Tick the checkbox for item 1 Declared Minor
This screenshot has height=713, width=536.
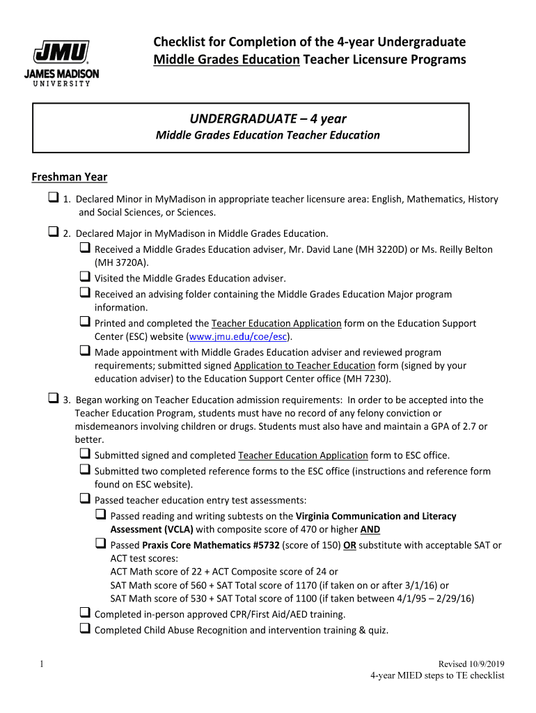pyautogui.click(x=53, y=198)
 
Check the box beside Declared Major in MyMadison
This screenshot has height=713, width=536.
pyautogui.click(x=53, y=233)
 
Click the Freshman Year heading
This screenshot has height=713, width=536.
pyautogui.click(x=69, y=176)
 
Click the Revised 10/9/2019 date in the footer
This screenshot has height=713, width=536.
pyautogui.click(x=470, y=664)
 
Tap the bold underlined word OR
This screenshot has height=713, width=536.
pyautogui.click(x=349, y=545)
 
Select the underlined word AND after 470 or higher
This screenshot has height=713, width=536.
pyautogui.click(x=361, y=528)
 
